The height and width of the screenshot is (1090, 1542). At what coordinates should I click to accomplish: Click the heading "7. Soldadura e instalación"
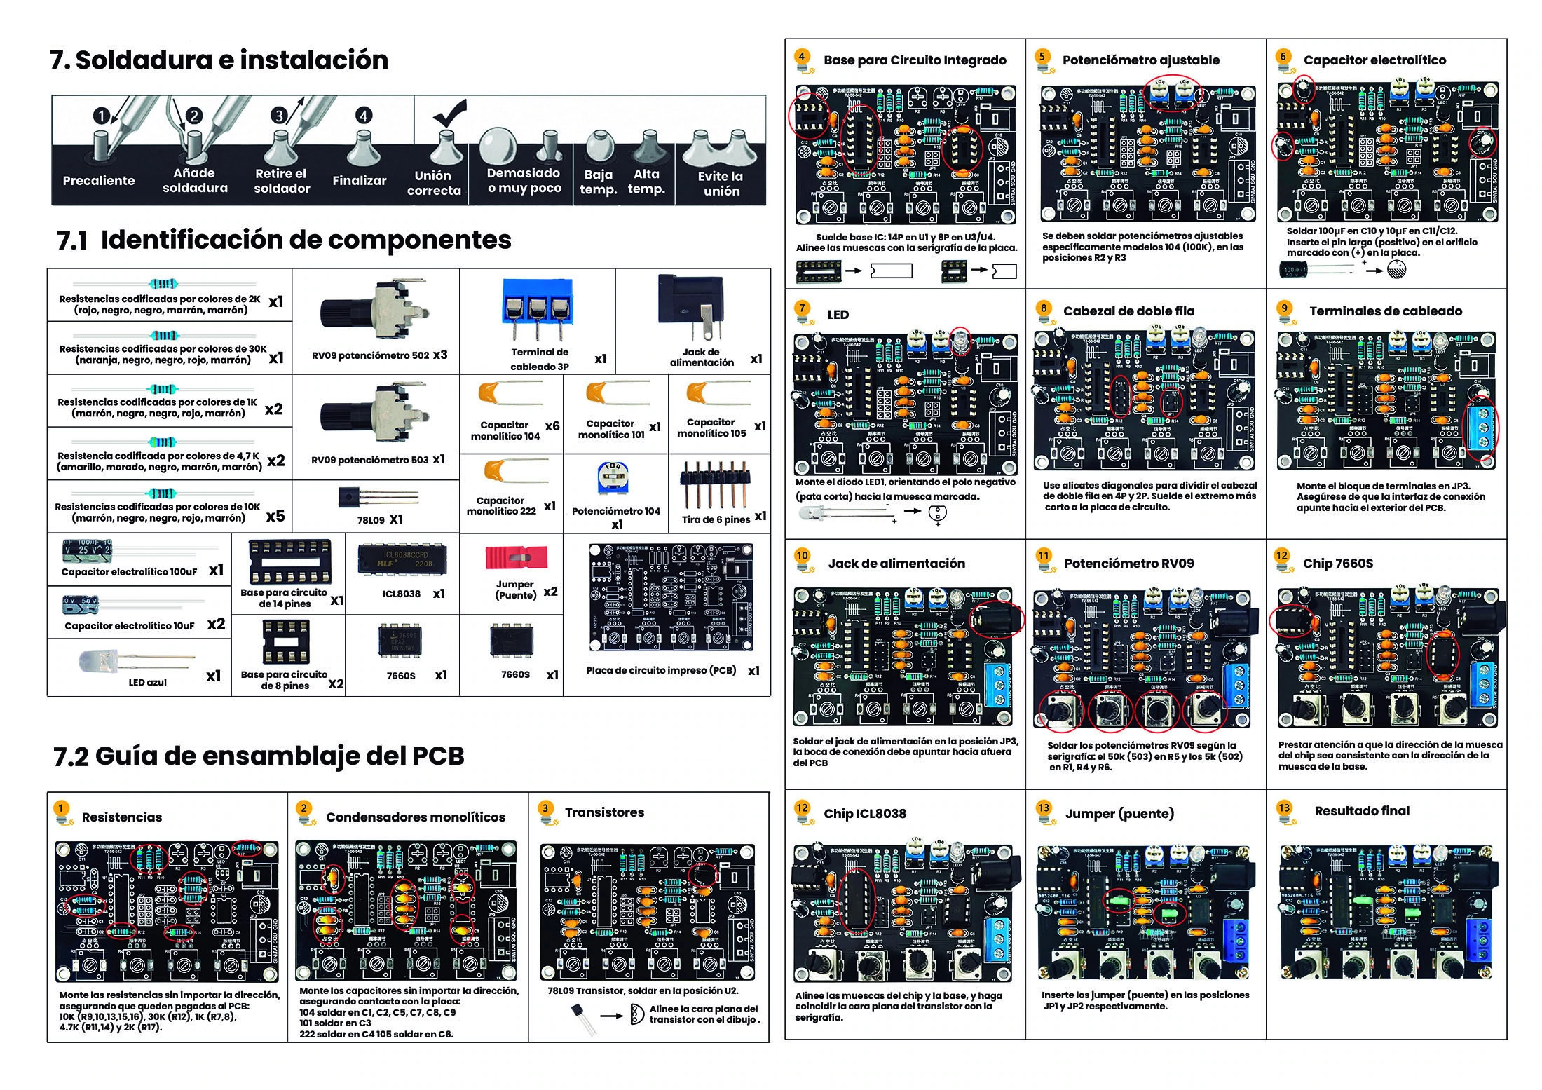[x=219, y=60]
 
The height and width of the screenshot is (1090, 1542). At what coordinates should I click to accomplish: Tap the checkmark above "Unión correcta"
[x=449, y=111]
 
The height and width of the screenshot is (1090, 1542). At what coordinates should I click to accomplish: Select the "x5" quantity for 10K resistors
[x=275, y=516]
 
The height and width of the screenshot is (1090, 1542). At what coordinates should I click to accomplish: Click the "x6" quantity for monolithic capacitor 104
[x=552, y=425]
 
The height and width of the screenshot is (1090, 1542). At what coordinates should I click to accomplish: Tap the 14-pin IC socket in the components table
[x=289, y=562]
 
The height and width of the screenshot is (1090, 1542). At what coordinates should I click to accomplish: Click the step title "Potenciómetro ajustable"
[x=1140, y=60]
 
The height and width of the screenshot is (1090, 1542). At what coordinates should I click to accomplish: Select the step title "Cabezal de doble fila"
[x=1128, y=311]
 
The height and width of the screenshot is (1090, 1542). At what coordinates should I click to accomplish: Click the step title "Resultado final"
[x=1361, y=811]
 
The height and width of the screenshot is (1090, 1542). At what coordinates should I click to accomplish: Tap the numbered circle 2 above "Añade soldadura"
[x=194, y=116]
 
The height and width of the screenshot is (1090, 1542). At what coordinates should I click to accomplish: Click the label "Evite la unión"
[x=721, y=184]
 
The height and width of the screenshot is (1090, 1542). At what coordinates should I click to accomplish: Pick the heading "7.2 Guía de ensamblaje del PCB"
[x=259, y=756]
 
